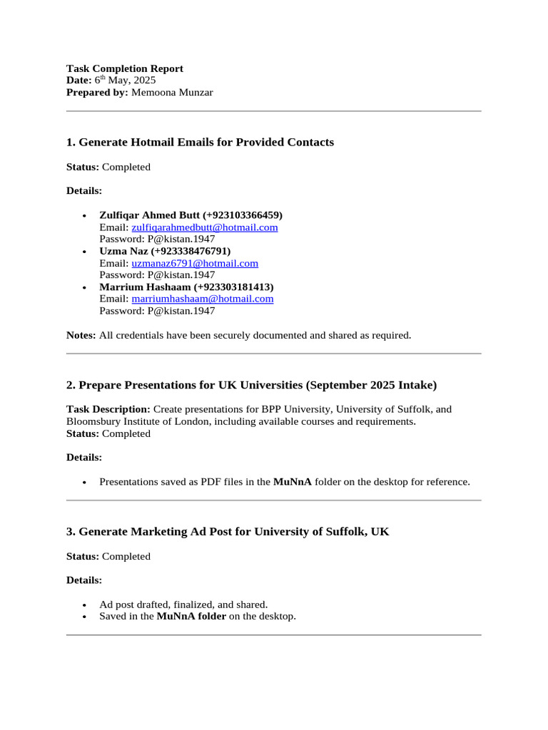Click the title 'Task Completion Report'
click(x=125, y=68)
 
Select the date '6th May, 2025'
click(x=125, y=81)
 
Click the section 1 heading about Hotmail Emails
click(x=200, y=143)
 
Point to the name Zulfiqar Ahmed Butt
click(x=150, y=215)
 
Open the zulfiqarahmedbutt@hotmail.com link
click(x=205, y=227)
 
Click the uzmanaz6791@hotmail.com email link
click(x=195, y=263)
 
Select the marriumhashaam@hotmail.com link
click(x=203, y=299)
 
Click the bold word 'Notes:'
click(x=81, y=335)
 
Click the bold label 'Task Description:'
click(x=108, y=409)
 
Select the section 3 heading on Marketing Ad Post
click(x=228, y=532)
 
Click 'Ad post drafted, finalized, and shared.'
click(x=183, y=604)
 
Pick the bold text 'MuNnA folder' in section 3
click(x=191, y=616)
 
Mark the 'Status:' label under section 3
click(x=83, y=556)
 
